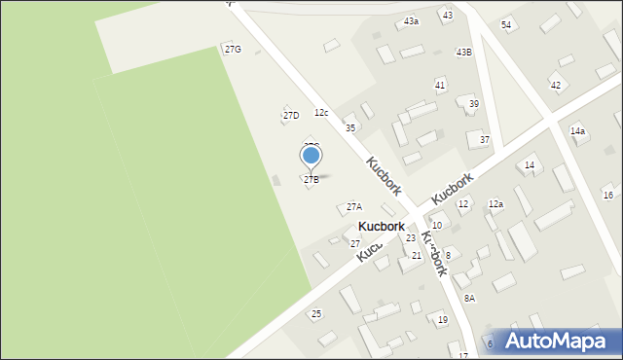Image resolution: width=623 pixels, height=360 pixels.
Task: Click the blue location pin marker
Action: (x=311, y=156)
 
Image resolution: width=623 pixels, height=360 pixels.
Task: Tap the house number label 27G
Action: (x=233, y=49)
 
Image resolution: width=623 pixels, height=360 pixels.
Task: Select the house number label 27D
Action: (x=291, y=116)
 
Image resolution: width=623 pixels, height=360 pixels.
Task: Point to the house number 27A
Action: (x=354, y=207)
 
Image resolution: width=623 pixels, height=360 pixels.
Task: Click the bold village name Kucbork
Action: (x=381, y=226)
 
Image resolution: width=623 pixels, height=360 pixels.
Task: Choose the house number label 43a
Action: (x=412, y=20)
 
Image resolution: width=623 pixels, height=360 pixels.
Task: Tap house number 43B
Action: (x=463, y=53)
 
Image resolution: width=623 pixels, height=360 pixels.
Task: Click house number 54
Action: (x=506, y=24)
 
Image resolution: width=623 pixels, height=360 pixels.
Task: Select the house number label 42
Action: (x=556, y=86)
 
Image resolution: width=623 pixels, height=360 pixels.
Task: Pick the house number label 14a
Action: (x=578, y=130)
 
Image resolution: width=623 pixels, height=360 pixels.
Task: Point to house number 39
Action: (x=473, y=104)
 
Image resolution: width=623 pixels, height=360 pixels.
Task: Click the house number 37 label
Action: (x=484, y=140)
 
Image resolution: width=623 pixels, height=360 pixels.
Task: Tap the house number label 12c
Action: (x=321, y=114)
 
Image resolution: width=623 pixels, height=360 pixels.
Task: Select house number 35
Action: (x=350, y=128)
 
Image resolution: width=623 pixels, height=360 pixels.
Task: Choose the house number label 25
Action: (x=316, y=313)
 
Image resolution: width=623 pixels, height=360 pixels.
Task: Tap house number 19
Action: (x=442, y=319)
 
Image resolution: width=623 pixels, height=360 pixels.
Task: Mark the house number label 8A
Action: (x=469, y=298)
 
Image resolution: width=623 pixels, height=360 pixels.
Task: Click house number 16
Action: (x=608, y=196)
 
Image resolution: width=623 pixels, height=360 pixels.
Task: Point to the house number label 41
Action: (x=440, y=86)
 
